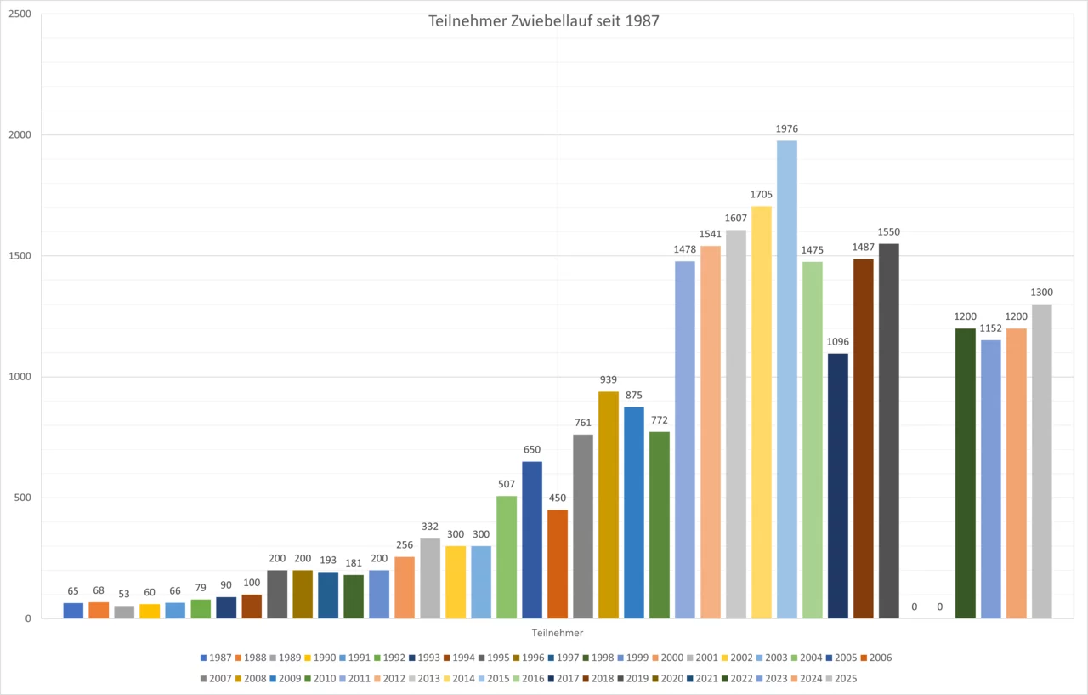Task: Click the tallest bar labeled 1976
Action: pyautogui.click(x=786, y=379)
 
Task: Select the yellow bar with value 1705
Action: pyautogui.click(x=761, y=412)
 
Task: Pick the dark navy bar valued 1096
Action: pyautogui.click(x=837, y=486)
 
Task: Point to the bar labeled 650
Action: pyautogui.click(x=532, y=539)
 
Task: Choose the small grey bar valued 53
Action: pyautogui.click(x=124, y=612)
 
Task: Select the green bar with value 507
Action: pyautogui.click(x=507, y=556)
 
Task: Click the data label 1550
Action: pyautogui.click(x=888, y=231)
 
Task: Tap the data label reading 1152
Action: pyautogui.click(x=990, y=328)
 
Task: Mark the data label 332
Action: pyautogui.click(x=430, y=526)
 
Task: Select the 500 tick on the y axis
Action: pyautogui.click(x=21, y=498)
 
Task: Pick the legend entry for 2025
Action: pyautogui.click(x=846, y=678)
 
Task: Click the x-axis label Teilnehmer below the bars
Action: pyautogui.click(x=557, y=633)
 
